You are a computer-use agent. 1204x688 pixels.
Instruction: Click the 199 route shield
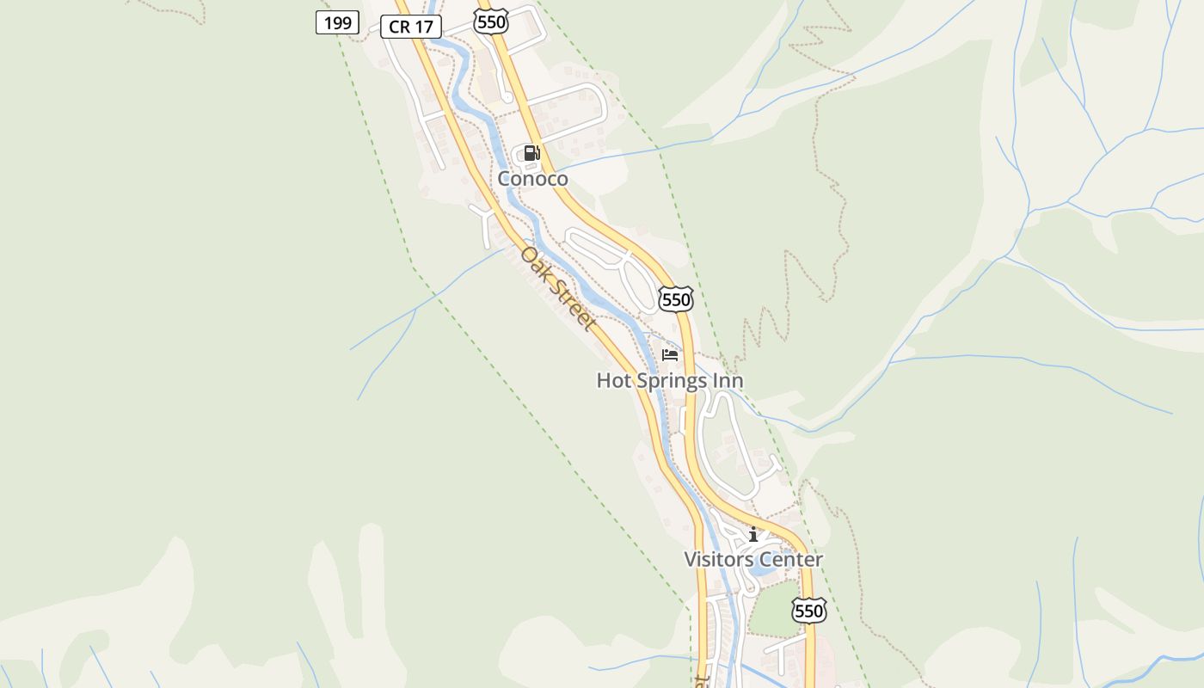(337, 23)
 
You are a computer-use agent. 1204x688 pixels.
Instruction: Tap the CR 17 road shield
(411, 27)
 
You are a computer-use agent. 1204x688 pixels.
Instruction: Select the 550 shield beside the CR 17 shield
(491, 21)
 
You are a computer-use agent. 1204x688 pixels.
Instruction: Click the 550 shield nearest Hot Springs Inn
(676, 299)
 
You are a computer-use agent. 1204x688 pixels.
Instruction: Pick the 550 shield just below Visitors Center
(809, 611)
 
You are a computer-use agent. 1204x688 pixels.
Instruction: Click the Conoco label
(533, 179)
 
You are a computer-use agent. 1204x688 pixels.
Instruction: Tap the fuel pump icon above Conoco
(532, 154)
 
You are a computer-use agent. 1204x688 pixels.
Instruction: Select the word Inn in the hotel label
(729, 380)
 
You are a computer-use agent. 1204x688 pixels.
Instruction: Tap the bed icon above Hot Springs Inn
(670, 354)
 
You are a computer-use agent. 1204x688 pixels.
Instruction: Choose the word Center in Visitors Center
(790, 560)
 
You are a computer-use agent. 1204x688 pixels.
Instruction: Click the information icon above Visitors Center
(753, 535)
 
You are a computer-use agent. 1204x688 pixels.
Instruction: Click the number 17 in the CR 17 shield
(423, 27)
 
